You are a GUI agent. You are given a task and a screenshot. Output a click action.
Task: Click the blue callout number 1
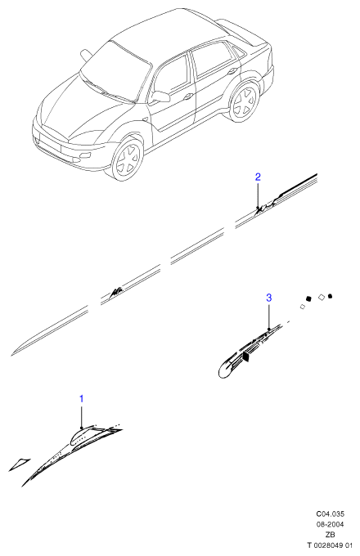coord(81,399)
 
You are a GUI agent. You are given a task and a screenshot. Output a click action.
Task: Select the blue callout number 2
coord(258,177)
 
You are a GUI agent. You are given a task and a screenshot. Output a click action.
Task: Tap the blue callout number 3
coord(269,298)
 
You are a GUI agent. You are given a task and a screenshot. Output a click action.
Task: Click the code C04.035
coord(331,513)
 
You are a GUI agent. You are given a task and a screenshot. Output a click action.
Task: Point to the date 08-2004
coord(331,524)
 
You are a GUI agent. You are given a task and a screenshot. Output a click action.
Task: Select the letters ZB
coord(331,535)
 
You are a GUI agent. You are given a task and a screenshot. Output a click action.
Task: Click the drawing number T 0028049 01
coord(331,545)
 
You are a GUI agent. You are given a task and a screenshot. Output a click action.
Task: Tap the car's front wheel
coord(128,159)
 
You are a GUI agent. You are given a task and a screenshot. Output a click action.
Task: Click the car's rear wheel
coord(245,101)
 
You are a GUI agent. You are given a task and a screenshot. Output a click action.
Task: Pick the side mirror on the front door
coord(160,96)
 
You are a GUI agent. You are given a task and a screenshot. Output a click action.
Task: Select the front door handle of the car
coord(188,96)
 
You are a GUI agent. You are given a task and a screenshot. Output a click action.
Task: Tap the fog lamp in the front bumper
coord(85,156)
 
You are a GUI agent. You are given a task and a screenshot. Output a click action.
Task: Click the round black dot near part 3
coord(331,296)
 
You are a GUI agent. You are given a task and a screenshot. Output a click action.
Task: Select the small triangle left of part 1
coord(20,464)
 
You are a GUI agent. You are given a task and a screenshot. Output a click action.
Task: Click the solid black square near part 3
coord(308,298)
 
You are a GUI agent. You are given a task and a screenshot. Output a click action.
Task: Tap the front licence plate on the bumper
coord(50,143)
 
